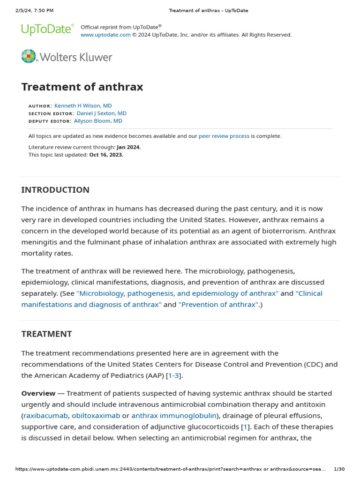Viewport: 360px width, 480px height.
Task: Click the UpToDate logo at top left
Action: click(47, 30)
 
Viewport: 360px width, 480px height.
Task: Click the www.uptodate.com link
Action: click(105, 35)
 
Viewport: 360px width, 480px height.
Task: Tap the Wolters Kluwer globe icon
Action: click(29, 56)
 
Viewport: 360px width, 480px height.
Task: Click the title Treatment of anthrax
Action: click(82, 87)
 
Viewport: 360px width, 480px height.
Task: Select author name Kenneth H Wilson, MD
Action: click(83, 106)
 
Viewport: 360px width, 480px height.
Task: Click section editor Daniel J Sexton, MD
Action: click(101, 113)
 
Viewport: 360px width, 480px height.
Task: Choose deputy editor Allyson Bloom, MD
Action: click(98, 121)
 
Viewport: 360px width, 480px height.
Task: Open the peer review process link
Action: click(224, 136)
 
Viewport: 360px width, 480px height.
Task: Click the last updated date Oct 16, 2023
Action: click(106, 155)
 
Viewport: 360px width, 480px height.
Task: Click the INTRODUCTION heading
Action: click(55, 190)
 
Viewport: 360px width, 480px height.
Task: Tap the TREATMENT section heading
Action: click(46, 334)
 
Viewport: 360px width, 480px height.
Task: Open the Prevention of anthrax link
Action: click(218, 305)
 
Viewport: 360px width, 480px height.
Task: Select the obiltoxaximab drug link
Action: click(96, 416)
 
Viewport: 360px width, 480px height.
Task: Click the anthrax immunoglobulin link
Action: click(174, 416)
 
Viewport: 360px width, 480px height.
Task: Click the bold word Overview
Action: click(38, 393)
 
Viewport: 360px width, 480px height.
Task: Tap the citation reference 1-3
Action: click(173, 375)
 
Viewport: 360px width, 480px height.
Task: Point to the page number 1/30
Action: click(339, 469)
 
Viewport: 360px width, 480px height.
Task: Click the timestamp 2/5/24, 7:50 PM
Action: click(34, 10)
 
